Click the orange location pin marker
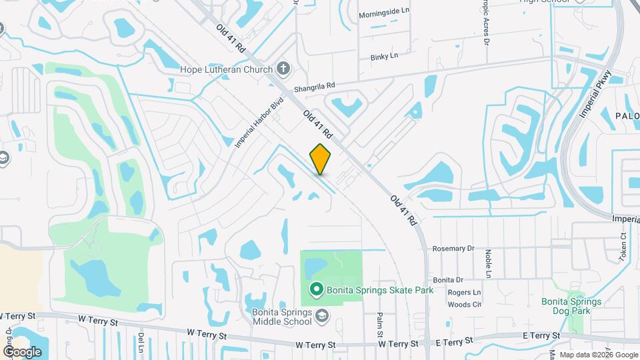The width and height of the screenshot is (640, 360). pos(321,159)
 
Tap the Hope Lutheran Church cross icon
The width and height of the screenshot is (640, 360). pos(283,69)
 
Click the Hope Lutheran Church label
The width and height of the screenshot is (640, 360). pos(227,69)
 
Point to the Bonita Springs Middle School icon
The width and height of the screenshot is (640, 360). pos(322,315)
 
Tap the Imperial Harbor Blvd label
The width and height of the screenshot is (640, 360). pos(260,122)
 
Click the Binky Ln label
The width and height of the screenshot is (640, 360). pos(383,57)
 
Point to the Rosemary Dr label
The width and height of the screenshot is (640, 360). pos(453,248)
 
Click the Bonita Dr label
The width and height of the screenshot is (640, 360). pos(447,280)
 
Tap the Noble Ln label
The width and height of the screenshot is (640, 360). pos(488,264)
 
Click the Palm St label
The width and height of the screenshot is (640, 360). pos(379,326)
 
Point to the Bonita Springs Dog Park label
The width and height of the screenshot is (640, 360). pos(571,306)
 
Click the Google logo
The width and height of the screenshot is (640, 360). pos(22,351)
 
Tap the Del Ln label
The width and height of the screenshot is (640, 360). pos(141,343)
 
